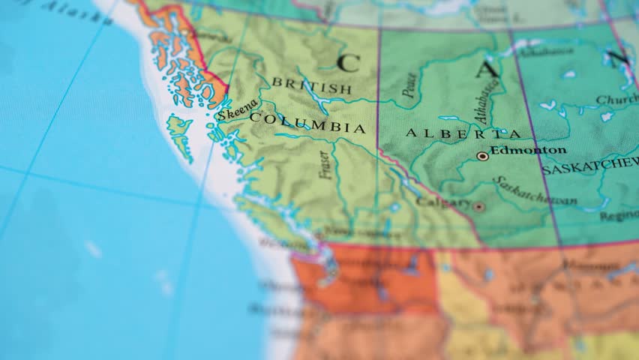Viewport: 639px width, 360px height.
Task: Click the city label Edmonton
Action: pos(528,150)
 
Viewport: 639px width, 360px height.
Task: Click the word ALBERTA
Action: pos(463,133)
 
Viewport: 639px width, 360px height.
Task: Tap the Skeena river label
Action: pos(237,111)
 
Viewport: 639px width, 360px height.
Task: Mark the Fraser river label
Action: pos(324,165)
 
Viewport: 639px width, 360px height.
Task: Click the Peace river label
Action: pos(409,85)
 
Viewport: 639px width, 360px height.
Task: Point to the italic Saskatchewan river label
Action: pos(536,192)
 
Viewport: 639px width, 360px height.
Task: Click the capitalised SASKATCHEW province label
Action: pos(589,168)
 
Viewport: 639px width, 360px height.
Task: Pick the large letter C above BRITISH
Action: pos(348,62)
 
